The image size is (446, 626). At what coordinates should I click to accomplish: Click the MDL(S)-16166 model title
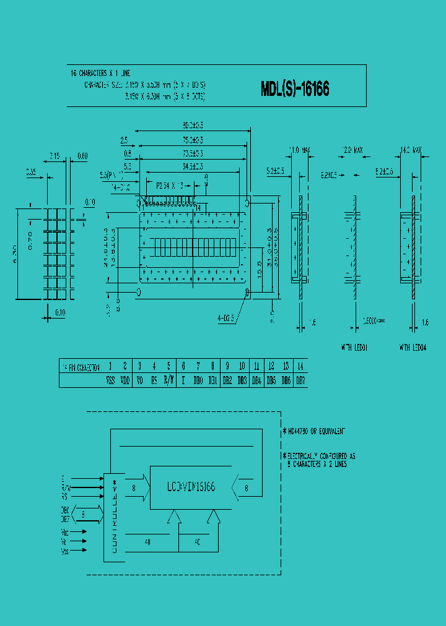tap(295, 89)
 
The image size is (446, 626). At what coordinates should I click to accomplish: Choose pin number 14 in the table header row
tap(300, 366)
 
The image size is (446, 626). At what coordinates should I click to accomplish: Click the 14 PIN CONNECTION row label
tap(80, 367)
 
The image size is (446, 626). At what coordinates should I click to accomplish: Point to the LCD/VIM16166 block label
tap(191, 487)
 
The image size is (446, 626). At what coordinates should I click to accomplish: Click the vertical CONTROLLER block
tap(114, 517)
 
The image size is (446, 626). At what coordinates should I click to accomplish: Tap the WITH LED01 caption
tap(354, 348)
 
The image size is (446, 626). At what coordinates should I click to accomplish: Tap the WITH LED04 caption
tap(413, 348)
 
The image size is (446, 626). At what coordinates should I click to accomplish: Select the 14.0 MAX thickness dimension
tap(411, 150)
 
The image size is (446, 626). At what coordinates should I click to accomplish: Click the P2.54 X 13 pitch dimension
tap(170, 184)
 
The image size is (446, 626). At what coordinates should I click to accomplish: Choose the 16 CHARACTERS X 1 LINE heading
tap(100, 74)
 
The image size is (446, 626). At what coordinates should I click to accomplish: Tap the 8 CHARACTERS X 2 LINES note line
tap(317, 463)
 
